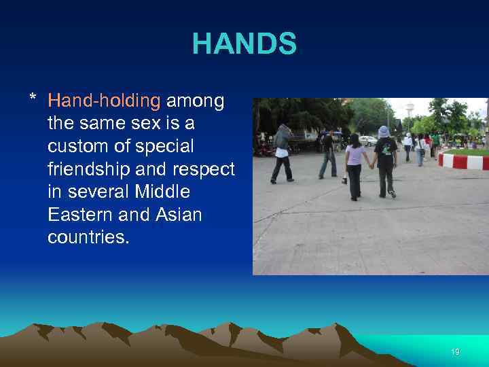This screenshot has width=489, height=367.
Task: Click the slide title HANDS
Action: tap(244, 44)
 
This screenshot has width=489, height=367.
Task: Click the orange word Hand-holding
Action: tap(104, 101)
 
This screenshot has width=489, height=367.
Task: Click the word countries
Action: tap(88, 238)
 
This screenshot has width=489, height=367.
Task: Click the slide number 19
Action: tap(455, 352)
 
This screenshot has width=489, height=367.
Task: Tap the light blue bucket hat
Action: tap(384, 131)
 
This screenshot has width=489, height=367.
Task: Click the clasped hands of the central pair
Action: tap(371, 166)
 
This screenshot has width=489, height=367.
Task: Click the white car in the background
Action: tap(367, 141)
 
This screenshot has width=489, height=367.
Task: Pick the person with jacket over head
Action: tap(283, 150)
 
